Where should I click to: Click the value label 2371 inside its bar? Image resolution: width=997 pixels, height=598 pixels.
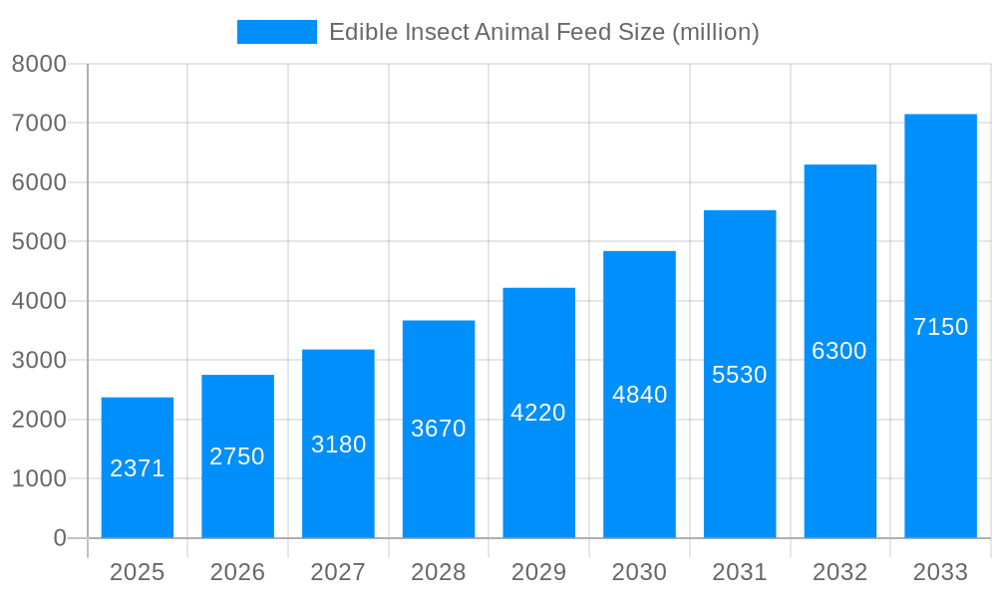pos(138,468)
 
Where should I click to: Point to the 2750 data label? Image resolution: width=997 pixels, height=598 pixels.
pos(237,456)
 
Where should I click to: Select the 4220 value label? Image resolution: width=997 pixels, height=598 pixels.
pos(538,413)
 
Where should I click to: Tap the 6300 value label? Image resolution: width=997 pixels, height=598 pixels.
pos(839,351)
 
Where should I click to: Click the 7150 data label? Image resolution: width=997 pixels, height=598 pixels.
pos(940,327)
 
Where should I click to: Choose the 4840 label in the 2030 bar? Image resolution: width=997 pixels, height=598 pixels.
pos(639,395)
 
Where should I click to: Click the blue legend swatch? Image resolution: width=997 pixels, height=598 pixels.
pos(276,32)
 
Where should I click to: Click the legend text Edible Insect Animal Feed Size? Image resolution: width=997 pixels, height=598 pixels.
pos(543,32)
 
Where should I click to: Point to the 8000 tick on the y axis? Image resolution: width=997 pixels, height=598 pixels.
pos(39,64)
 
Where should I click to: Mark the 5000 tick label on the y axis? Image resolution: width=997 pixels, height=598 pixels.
pos(39,242)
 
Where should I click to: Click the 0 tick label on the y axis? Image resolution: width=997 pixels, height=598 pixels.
pos(59,538)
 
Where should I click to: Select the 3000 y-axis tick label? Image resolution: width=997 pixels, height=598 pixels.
pos(39,361)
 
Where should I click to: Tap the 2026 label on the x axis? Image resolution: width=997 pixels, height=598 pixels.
pos(237,572)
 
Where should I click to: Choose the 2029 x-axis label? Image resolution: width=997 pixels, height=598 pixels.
pos(538,572)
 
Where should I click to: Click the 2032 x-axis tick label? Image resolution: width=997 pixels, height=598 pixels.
pos(839,572)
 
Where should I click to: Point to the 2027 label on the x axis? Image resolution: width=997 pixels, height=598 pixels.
pos(338,572)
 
